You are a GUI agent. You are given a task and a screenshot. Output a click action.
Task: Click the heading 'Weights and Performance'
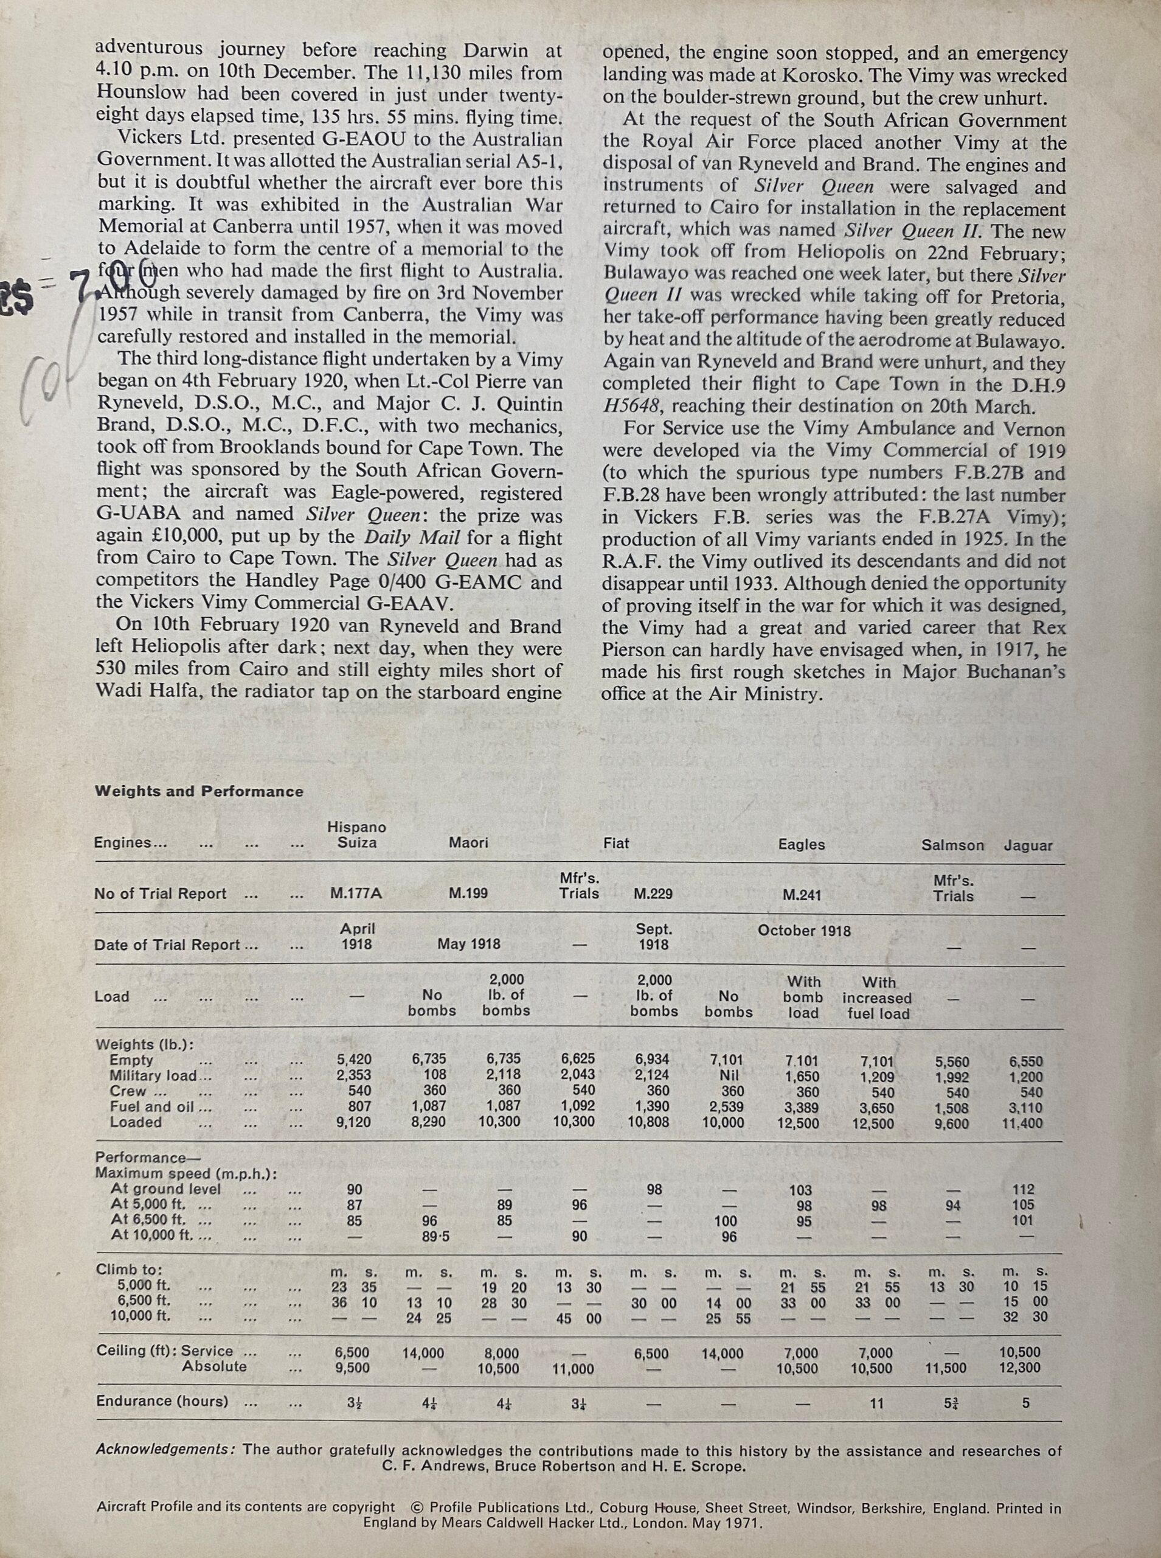tap(199, 791)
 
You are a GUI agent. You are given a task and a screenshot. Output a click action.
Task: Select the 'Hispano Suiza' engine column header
tap(356, 835)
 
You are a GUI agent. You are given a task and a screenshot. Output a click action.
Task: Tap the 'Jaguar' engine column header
tap(1027, 846)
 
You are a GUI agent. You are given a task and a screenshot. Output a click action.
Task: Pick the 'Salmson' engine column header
tap(952, 846)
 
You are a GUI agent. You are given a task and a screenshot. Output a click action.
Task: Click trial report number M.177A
tap(356, 893)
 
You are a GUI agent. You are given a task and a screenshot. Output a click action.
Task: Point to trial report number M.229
tap(653, 893)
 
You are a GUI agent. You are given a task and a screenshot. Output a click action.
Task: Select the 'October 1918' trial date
tap(803, 931)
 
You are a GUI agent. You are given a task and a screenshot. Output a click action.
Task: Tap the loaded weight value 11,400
tap(1022, 1124)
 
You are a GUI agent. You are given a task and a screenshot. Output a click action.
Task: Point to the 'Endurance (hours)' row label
tap(162, 1400)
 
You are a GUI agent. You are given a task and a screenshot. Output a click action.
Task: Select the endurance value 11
tap(876, 1403)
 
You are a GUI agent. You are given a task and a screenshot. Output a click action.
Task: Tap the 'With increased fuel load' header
tap(877, 997)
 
